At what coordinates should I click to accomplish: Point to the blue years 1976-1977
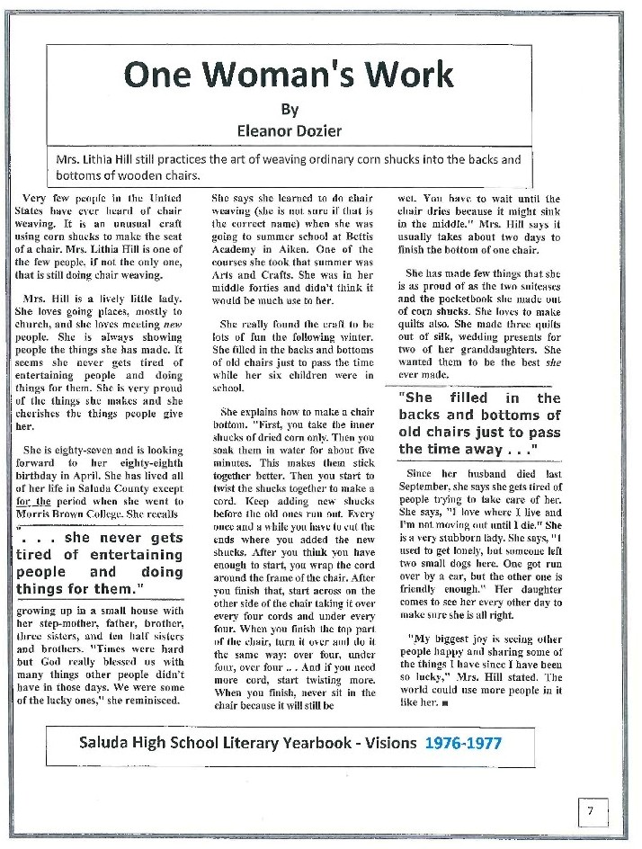point(464,743)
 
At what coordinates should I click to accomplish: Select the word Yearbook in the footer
point(328,743)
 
